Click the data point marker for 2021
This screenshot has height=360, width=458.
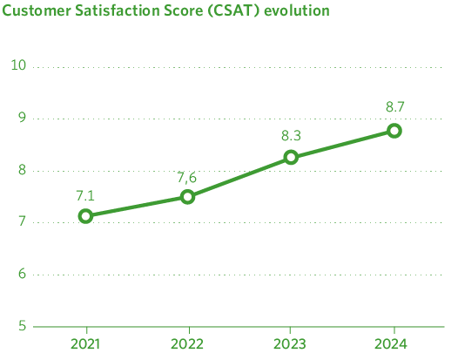coord(85,216)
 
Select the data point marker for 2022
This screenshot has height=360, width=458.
coord(187,197)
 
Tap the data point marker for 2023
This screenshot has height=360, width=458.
coord(291,158)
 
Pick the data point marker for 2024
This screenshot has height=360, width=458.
coord(394,131)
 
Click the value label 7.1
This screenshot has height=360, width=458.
coord(85,196)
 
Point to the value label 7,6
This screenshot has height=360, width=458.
coord(187,177)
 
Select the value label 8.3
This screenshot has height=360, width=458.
coord(291,137)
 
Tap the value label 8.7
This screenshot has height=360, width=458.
coord(394,107)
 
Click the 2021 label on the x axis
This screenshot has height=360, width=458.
coord(85,343)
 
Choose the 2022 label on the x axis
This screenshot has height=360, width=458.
coord(187,343)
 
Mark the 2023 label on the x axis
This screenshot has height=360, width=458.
coord(291,343)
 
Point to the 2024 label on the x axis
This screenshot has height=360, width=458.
coord(394,343)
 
